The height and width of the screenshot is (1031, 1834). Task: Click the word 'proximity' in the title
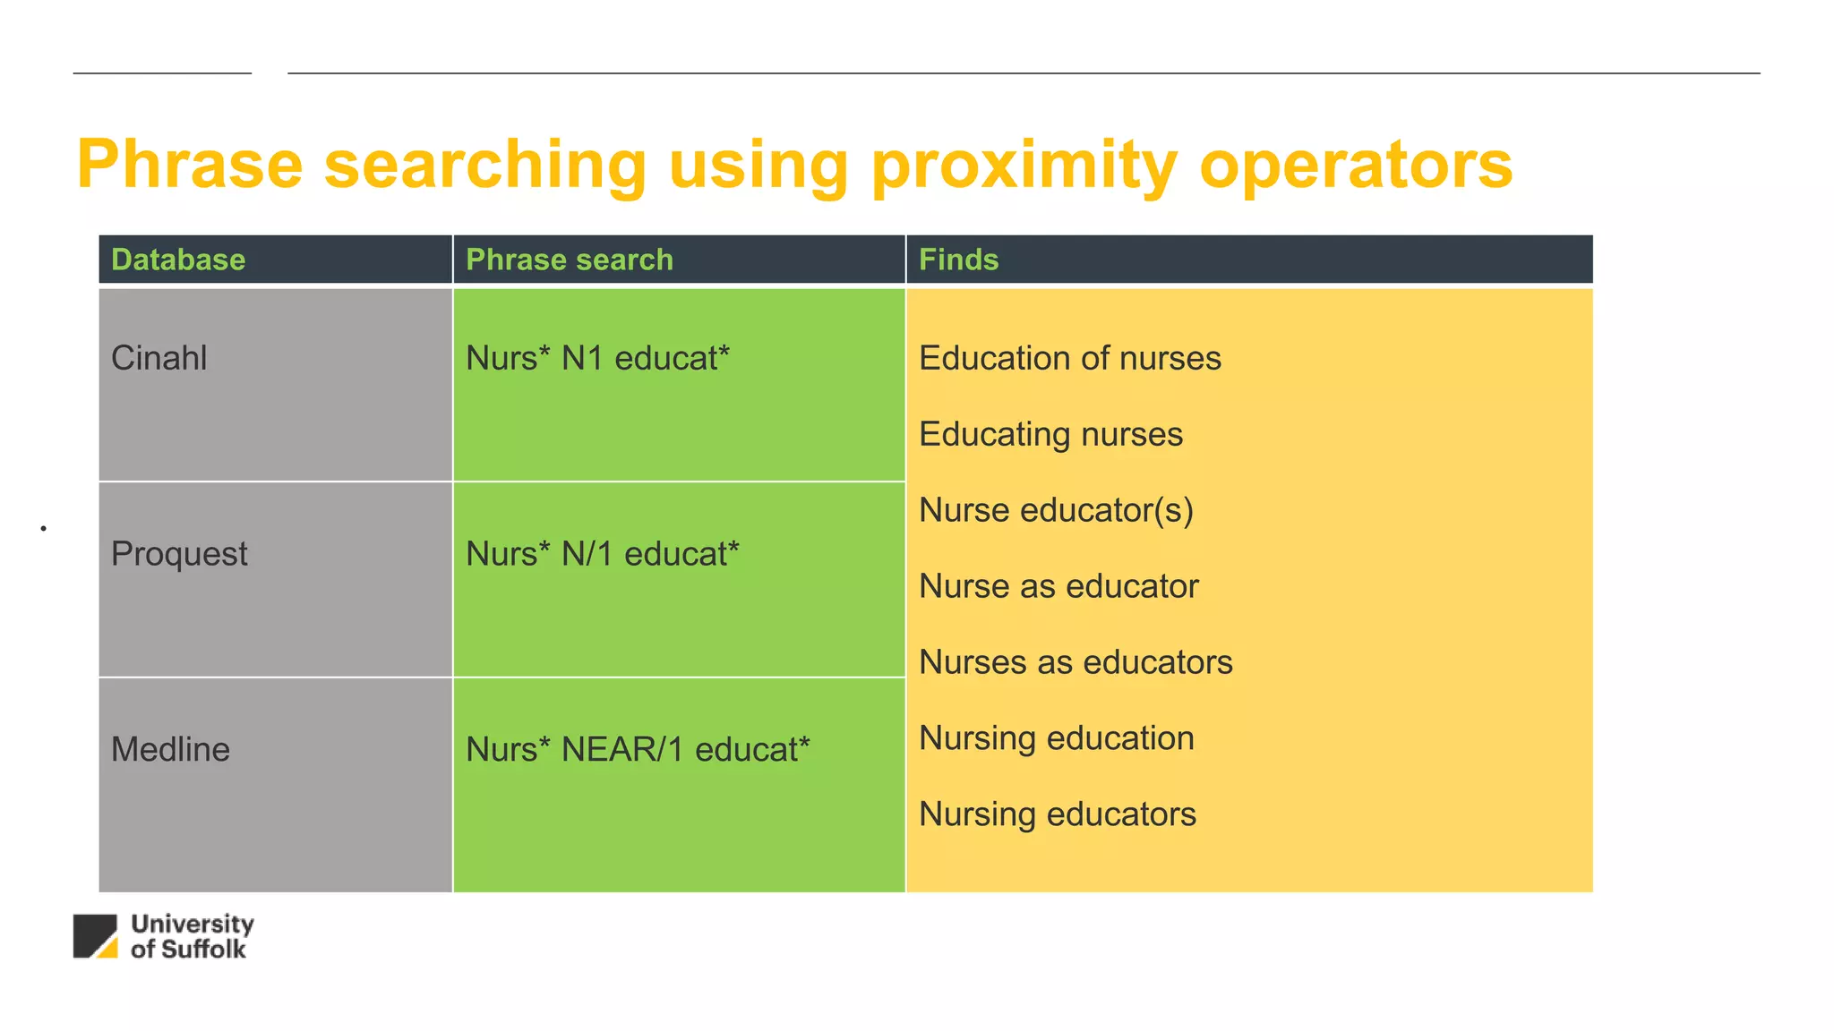point(1024,166)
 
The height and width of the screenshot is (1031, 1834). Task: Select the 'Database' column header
point(178,260)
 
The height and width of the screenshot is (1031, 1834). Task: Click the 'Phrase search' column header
point(570,260)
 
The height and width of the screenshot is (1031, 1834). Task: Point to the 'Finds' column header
point(958,260)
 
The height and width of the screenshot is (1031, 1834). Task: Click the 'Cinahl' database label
point(159,358)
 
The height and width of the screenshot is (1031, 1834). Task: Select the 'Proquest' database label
point(179,554)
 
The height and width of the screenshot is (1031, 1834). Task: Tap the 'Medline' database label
point(170,749)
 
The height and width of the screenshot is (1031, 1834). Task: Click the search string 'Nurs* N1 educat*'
point(597,358)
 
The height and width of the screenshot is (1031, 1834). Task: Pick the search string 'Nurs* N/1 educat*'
point(602,554)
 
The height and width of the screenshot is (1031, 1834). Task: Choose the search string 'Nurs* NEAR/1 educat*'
point(638,749)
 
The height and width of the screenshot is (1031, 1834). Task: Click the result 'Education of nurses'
point(1069,358)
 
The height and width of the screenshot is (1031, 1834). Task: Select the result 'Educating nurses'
point(1050,434)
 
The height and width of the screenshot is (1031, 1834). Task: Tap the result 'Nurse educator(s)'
point(1056,510)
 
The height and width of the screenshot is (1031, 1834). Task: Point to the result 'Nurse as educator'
point(1058,586)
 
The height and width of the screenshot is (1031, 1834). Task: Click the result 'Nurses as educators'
point(1076,662)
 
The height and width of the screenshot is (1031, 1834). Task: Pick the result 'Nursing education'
point(1057,738)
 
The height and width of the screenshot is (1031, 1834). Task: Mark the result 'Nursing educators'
point(1058,814)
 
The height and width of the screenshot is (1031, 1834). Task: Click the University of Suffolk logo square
point(95,936)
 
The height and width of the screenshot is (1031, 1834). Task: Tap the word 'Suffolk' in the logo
point(201,950)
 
